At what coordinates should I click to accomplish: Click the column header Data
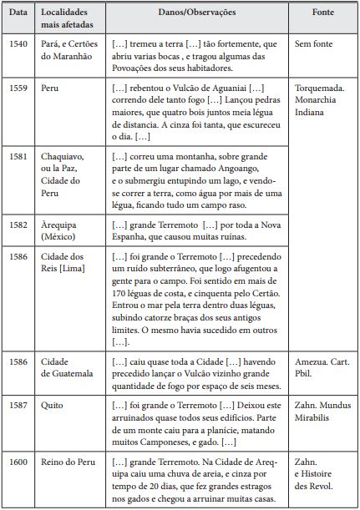pos(18,14)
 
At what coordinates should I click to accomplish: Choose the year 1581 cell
pos(18,155)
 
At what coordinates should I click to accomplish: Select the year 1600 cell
pos(18,462)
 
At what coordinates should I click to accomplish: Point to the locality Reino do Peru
pos(69,462)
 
